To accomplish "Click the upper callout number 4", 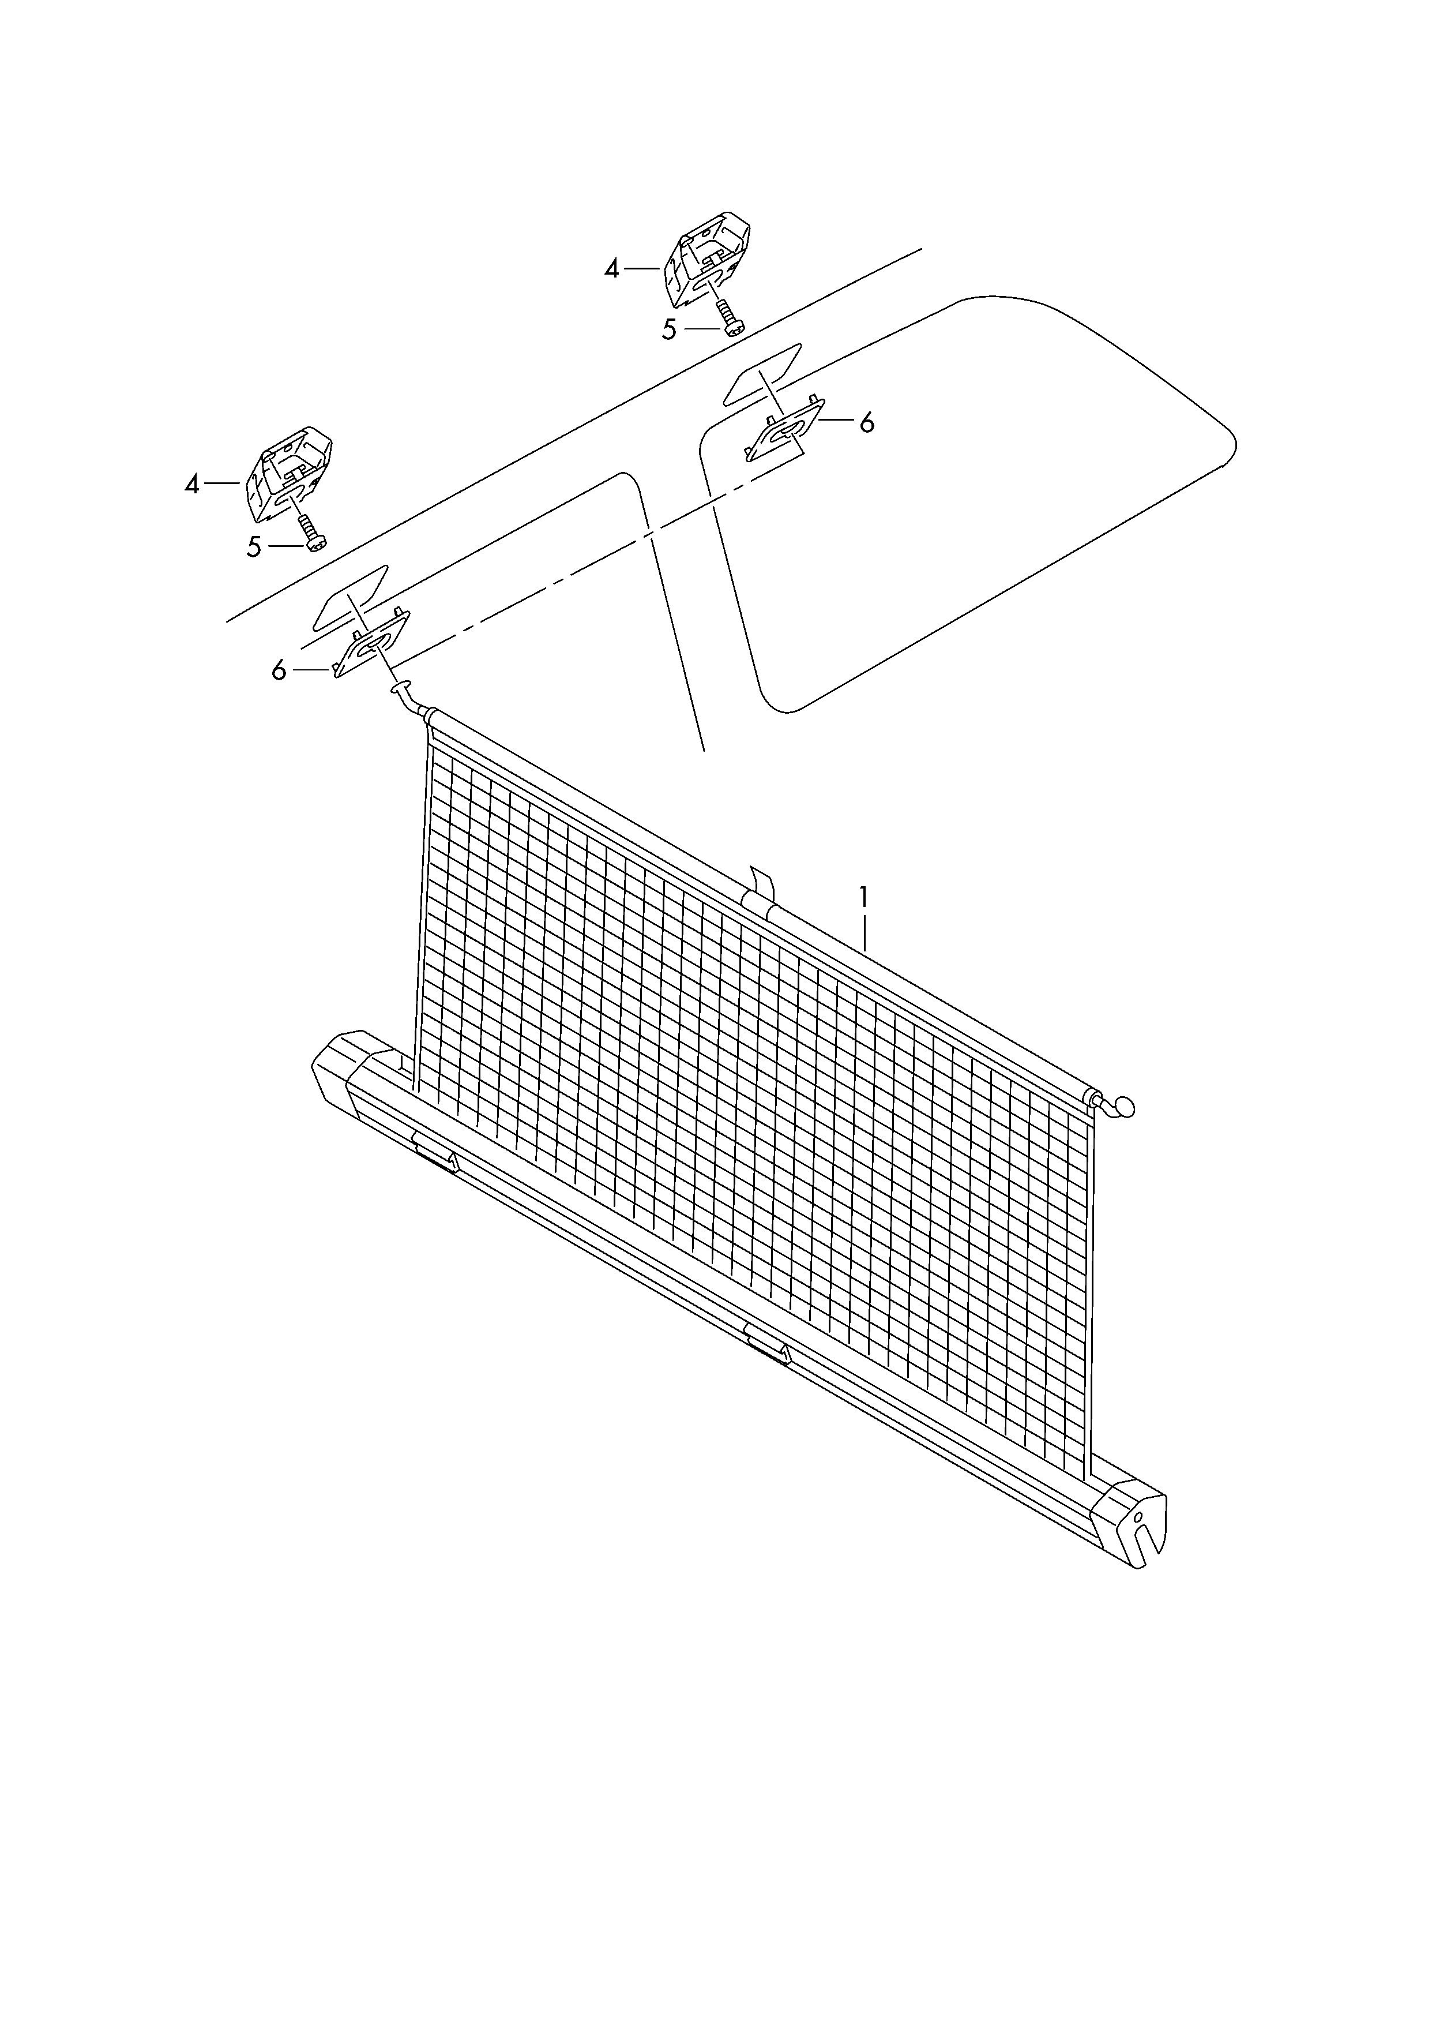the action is [612, 269].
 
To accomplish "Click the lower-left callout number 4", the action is [192, 484].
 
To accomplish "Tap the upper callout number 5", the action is [669, 330].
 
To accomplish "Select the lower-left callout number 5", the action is [254, 548].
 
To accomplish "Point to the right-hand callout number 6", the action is [867, 423].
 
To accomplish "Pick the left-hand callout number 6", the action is [279, 671].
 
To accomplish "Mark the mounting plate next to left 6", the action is [371, 641].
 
